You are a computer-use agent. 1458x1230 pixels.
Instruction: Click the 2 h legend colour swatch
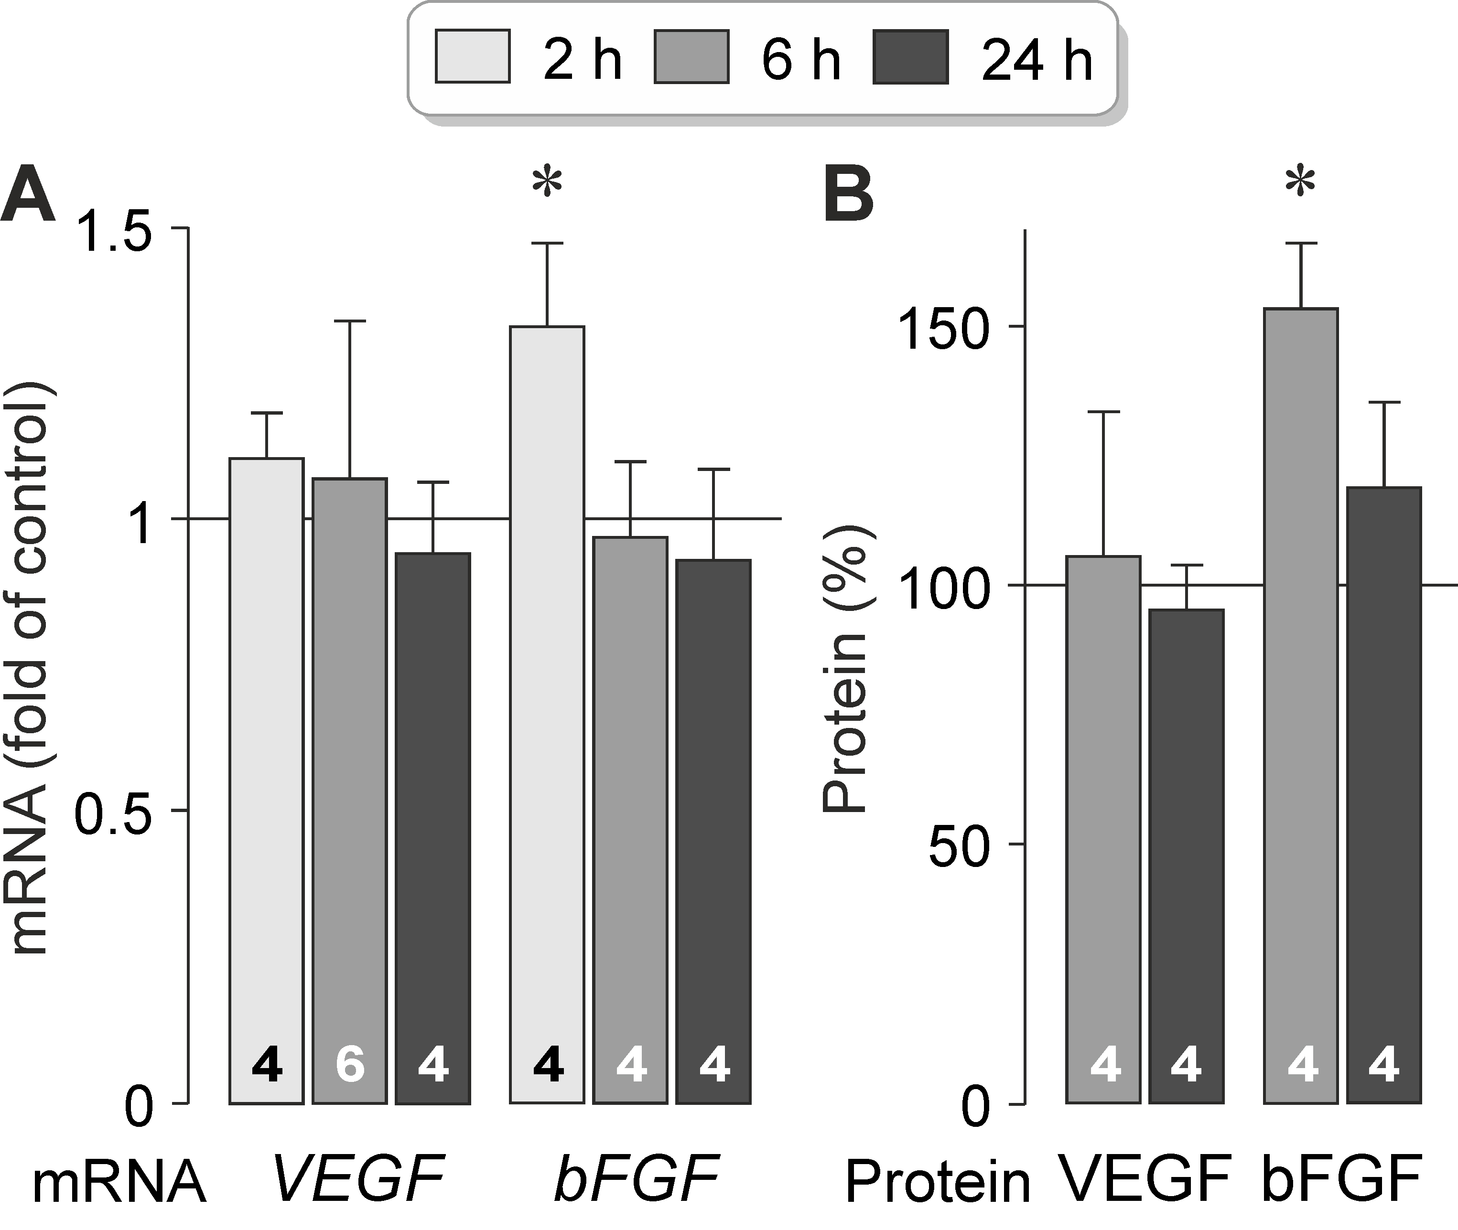(x=472, y=56)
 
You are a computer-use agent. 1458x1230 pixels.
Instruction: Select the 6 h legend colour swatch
(x=691, y=56)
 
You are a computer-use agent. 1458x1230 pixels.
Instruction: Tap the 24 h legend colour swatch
(x=910, y=56)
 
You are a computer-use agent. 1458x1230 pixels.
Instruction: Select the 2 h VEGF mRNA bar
(x=267, y=767)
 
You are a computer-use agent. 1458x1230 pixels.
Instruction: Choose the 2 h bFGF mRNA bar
(x=547, y=697)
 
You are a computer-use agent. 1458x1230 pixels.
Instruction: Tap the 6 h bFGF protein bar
(x=1300, y=697)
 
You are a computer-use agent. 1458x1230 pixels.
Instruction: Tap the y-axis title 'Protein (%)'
(x=845, y=669)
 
